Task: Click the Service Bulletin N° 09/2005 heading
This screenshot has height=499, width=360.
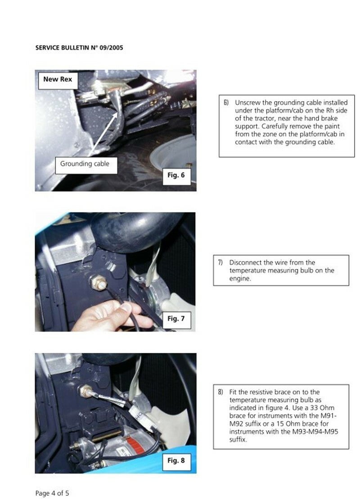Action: [79, 48]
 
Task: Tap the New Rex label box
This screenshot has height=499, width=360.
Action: [58, 80]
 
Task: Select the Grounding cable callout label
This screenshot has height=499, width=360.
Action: [85, 164]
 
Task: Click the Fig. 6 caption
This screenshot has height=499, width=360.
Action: [176, 175]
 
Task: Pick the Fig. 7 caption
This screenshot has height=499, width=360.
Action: [176, 319]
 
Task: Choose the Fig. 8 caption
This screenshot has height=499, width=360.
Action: [176, 461]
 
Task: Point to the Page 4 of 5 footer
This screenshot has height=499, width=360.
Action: [52, 493]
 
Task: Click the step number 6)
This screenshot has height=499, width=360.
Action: [226, 103]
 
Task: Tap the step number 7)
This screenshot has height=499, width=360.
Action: [220, 262]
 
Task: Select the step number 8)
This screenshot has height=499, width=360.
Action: [220, 392]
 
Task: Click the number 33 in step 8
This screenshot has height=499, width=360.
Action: [314, 408]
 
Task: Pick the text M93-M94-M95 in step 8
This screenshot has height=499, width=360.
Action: [315, 432]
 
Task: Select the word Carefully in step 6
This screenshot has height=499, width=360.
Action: [274, 126]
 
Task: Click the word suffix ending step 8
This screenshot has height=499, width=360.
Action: [238, 440]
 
